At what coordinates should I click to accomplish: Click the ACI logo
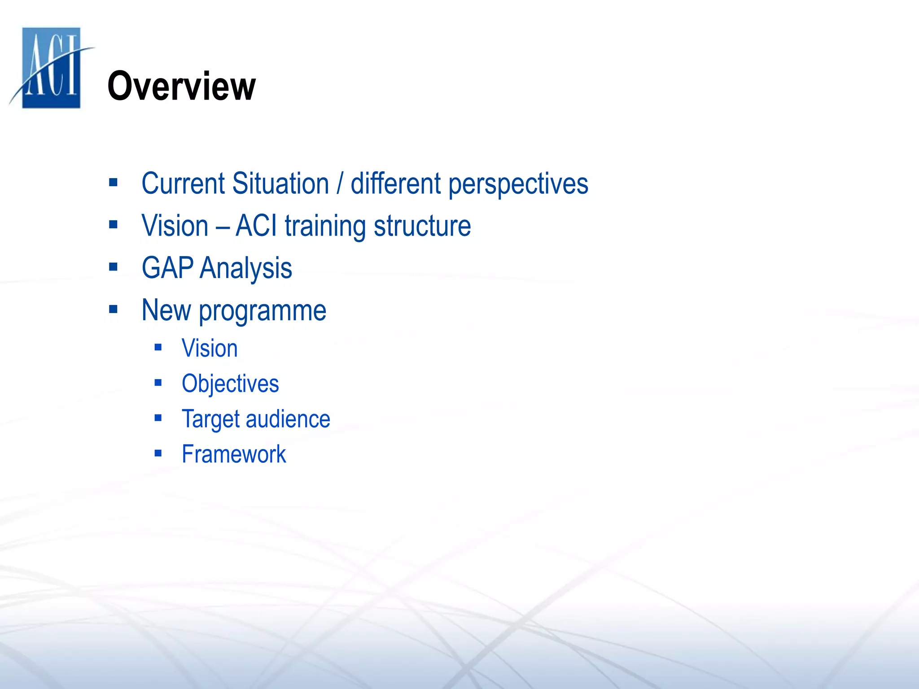(51, 67)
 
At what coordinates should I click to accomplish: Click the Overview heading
(181, 86)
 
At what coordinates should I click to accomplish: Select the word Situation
(281, 183)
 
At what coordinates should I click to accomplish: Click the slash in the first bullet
(340, 183)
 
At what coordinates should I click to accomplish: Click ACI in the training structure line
(256, 226)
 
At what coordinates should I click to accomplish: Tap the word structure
(422, 226)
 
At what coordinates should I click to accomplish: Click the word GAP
(167, 268)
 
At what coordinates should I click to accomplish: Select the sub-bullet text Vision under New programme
(210, 349)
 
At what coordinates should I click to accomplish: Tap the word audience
(288, 419)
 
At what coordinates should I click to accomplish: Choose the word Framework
(234, 454)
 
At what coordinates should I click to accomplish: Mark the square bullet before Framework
(158, 454)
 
